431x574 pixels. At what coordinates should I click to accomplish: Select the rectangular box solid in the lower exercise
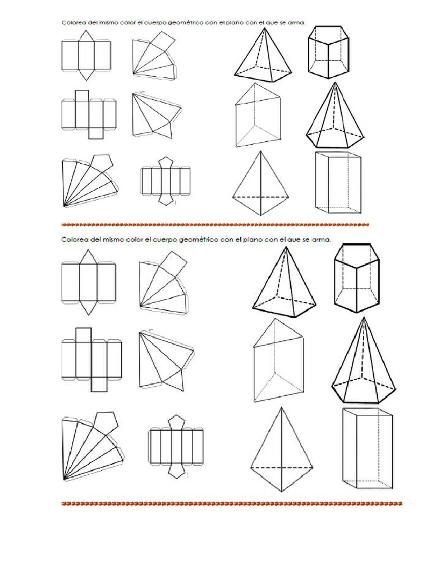tap(368, 448)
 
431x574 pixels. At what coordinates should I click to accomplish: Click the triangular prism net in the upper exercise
tap(86, 56)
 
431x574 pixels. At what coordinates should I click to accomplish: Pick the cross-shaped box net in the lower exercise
tap(91, 359)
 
